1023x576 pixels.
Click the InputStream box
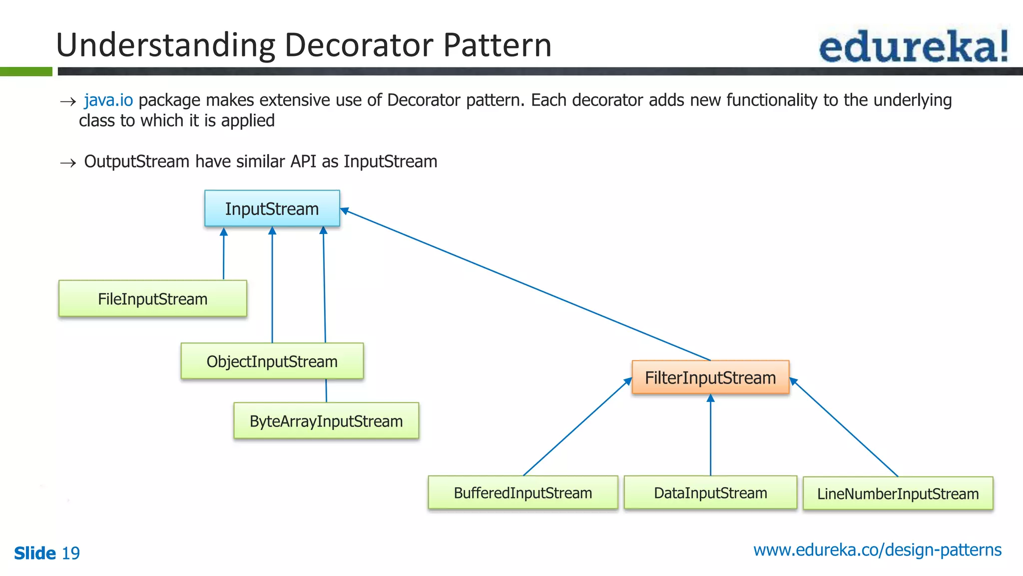(272, 208)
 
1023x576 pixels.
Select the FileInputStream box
(152, 299)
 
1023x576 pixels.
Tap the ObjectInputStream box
(272, 361)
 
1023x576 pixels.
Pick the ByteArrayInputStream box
(326, 421)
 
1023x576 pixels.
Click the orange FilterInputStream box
(710, 377)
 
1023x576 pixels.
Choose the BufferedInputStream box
(522, 493)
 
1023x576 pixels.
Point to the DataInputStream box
(710, 493)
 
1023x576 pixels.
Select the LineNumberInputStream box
(898, 494)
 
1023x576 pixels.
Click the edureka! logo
(914, 46)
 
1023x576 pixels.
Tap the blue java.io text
(108, 100)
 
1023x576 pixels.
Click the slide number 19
(70, 553)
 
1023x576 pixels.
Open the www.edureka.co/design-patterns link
(877, 550)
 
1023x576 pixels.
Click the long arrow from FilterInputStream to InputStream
(524, 284)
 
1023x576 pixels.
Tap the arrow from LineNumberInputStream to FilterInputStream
(844, 428)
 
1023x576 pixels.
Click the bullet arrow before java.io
(67, 102)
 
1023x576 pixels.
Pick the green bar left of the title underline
(26, 71)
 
